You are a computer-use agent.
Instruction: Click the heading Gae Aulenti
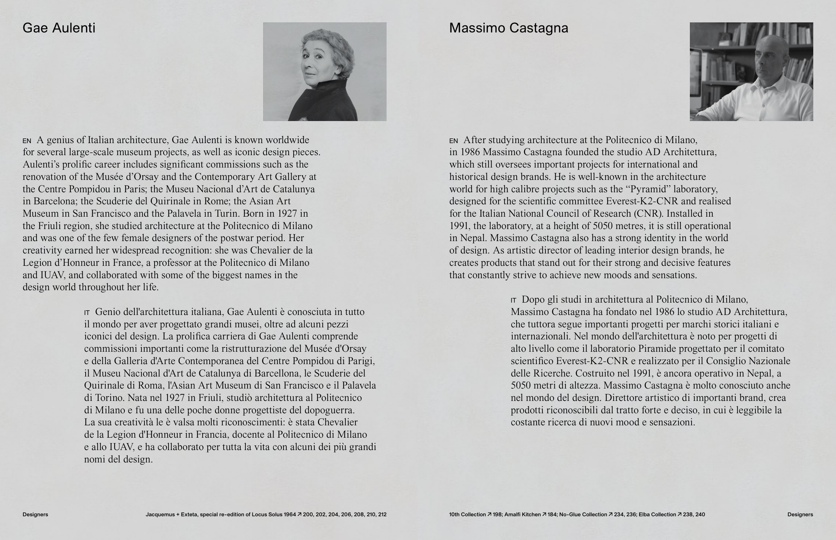pyautogui.click(x=59, y=28)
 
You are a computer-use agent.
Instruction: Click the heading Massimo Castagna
pyautogui.click(x=509, y=28)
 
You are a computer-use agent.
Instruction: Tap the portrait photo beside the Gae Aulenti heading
pyautogui.click(x=325, y=72)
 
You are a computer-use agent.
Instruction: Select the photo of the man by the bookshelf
pyautogui.click(x=751, y=72)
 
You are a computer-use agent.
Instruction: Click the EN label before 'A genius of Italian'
pyautogui.click(x=27, y=141)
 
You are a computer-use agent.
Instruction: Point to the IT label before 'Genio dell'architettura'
pyautogui.click(x=87, y=312)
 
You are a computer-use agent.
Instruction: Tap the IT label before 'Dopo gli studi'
pyautogui.click(x=513, y=300)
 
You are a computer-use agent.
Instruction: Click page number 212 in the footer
pyautogui.click(x=382, y=514)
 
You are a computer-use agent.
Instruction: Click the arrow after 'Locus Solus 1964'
pyautogui.click(x=300, y=514)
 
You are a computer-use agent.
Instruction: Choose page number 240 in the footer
pyautogui.click(x=700, y=514)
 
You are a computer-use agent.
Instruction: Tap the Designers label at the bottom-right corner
pyautogui.click(x=800, y=514)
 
